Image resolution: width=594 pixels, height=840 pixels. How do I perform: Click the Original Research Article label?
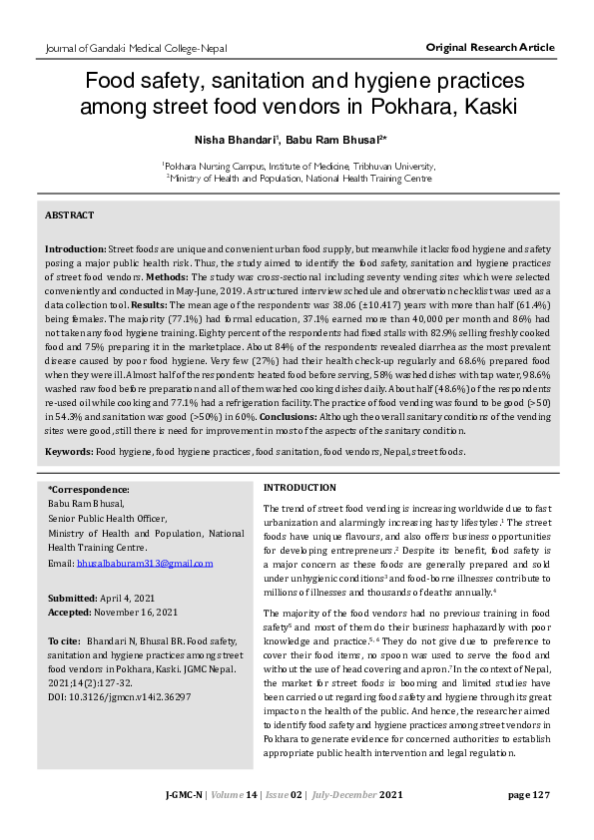[490, 48]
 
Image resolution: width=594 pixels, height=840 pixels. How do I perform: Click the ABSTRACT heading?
[70, 215]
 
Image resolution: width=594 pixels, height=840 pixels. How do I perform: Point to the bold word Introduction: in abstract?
[76, 246]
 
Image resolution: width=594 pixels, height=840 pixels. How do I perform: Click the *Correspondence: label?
[88, 490]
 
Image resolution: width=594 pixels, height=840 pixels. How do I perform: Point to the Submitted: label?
[74, 596]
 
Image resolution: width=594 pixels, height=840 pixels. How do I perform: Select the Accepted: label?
[72, 610]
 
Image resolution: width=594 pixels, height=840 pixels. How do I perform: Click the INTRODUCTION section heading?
[299, 487]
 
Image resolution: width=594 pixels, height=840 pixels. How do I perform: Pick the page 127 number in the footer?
[528, 795]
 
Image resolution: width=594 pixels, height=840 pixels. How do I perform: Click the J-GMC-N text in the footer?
[185, 795]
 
